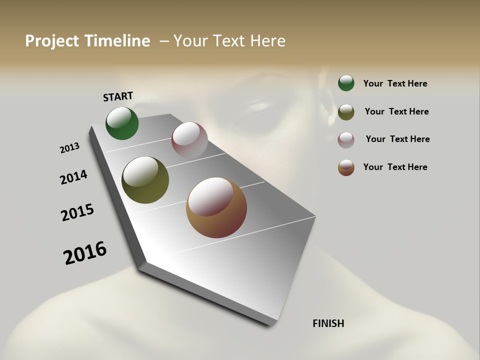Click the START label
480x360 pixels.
click(118, 96)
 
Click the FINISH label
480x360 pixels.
click(328, 323)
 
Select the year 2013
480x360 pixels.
click(70, 148)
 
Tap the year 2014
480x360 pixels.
click(74, 177)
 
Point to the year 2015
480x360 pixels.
click(77, 212)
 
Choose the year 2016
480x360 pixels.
click(85, 252)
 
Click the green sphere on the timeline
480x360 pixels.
click(122, 123)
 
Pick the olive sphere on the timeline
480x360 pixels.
click(145, 179)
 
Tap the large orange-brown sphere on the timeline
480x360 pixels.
click(216, 207)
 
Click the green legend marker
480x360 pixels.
click(346, 83)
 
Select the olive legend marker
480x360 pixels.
click(346, 112)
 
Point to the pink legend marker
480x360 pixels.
click(346, 140)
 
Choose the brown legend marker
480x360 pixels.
click(346, 167)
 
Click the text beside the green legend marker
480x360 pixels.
click(395, 83)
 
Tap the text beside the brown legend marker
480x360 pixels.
click(395, 167)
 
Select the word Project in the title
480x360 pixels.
click(51, 41)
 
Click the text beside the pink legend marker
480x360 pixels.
click(397, 139)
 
